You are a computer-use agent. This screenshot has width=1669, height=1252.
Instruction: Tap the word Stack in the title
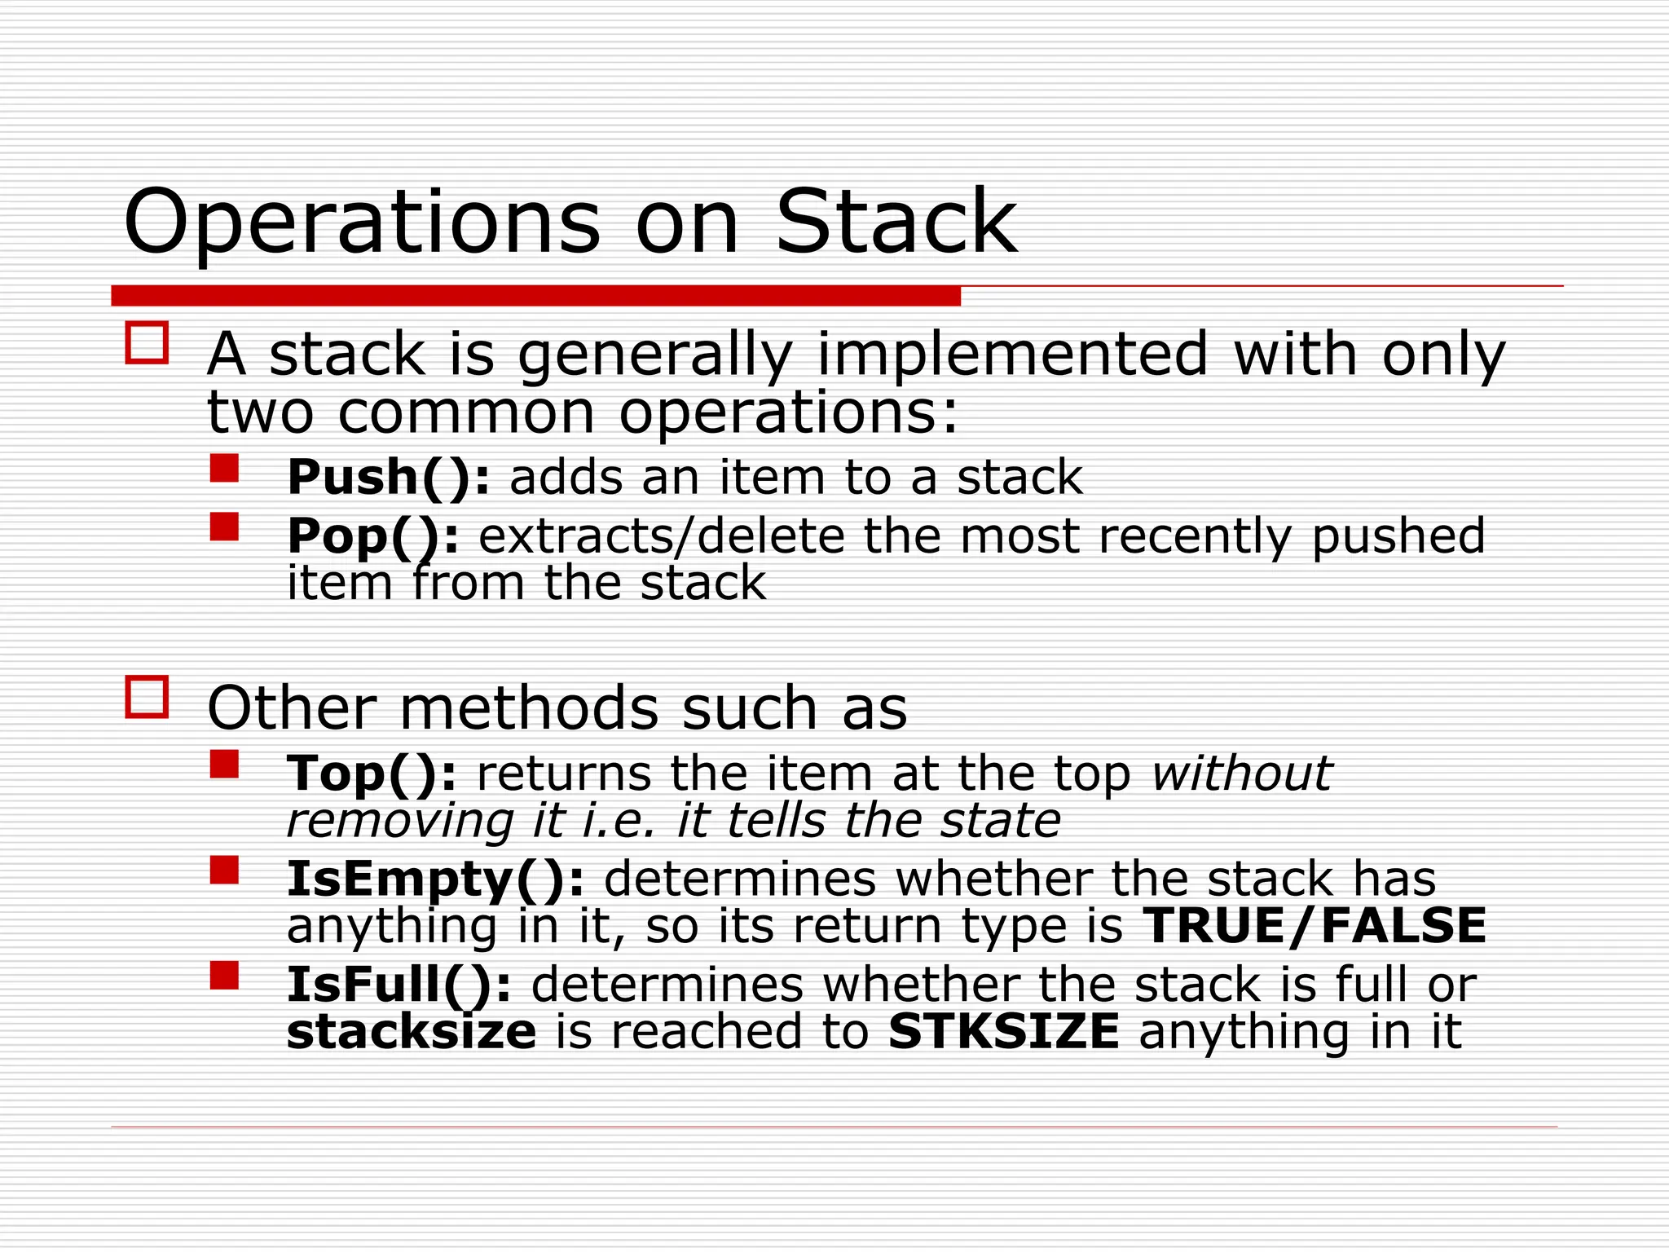(896, 222)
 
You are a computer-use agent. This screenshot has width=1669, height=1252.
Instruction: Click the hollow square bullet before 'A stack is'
(147, 342)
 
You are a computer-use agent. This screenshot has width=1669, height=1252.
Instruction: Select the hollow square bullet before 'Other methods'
(147, 697)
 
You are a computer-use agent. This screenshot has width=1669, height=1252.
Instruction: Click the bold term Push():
(389, 478)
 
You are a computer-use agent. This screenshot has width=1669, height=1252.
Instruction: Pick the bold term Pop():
(372, 536)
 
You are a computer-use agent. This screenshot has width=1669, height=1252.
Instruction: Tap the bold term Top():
(372, 774)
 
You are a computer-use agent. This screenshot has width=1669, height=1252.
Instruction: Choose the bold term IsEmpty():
(435, 879)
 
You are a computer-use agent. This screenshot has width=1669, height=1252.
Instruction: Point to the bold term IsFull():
(399, 985)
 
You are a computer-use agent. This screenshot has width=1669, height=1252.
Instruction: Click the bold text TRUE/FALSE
(1315, 926)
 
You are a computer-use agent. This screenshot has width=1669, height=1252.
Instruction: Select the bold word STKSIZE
(1003, 1032)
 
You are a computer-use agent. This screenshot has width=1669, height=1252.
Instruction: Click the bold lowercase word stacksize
(412, 1032)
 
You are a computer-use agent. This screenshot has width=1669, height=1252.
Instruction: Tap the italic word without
(1241, 774)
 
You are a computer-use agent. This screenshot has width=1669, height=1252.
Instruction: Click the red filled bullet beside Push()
(224, 469)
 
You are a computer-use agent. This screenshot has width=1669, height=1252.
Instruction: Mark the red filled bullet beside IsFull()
(224, 976)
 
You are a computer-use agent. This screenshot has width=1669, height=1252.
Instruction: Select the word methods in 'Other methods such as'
(529, 708)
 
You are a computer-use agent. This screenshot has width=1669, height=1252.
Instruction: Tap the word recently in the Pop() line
(1195, 536)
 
